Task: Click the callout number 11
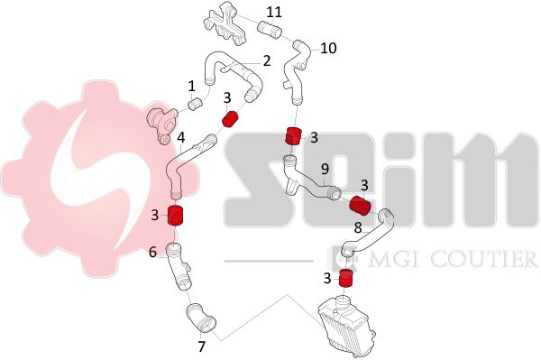[x=274, y=13]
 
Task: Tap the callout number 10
[x=328, y=49]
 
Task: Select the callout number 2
[x=267, y=60]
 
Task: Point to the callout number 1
[x=191, y=87]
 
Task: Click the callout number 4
[x=181, y=138]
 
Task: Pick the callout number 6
[x=153, y=253]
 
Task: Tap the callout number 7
[x=201, y=346]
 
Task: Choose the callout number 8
[x=358, y=227]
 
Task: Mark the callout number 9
[x=325, y=169]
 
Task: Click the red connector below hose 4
[x=175, y=215]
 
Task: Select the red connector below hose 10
[x=294, y=136]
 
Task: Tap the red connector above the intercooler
[x=346, y=278]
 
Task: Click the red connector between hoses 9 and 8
[x=360, y=205]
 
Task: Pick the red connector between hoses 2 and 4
[x=230, y=118]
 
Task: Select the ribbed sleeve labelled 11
[x=270, y=29]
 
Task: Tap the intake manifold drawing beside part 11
[x=225, y=23]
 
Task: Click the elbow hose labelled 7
[x=201, y=318]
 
